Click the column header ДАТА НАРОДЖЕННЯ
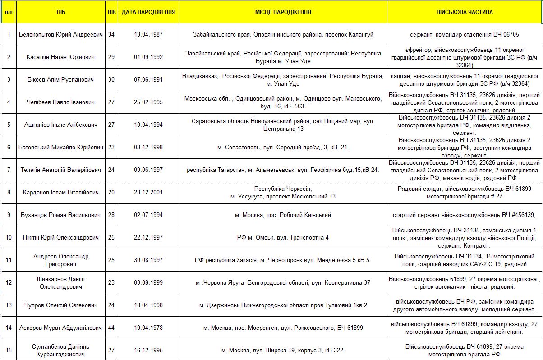[x=148, y=12]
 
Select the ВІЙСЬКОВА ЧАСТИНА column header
[x=465, y=12]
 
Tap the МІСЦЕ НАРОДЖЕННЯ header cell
[x=283, y=12]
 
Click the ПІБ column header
[x=61, y=12]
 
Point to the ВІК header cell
[x=112, y=12]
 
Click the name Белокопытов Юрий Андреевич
[x=61, y=34]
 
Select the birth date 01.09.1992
[x=148, y=57]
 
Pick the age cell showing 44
[x=112, y=328]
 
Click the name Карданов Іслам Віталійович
[x=61, y=193]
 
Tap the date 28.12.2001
[x=148, y=193]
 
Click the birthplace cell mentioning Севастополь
[x=283, y=147]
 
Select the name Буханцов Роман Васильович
[x=61, y=215]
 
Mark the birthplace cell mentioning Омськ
[x=283, y=237]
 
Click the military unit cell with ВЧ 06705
[x=465, y=34]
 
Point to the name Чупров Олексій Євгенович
[x=61, y=305]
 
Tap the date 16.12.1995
[x=148, y=350]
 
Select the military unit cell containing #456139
[x=465, y=215]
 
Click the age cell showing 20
[x=112, y=193]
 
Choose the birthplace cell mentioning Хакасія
[x=283, y=260]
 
